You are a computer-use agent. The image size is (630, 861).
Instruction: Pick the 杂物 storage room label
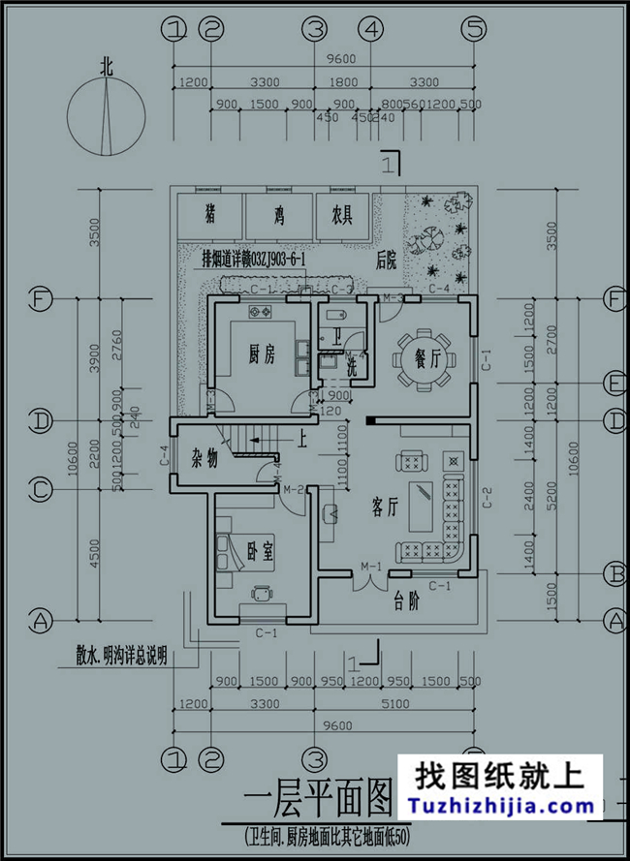(x=205, y=459)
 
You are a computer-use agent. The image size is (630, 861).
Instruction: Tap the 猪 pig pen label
(x=209, y=211)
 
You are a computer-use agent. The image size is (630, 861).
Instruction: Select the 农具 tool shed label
(x=341, y=211)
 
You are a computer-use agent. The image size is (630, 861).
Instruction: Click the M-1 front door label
(x=369, y=566)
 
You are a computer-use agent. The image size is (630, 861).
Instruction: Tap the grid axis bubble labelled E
(x=614, y=384)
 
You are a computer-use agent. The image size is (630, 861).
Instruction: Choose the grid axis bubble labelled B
(x=614, y=574)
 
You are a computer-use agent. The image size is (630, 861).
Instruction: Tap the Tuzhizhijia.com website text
(x=504, y=805)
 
